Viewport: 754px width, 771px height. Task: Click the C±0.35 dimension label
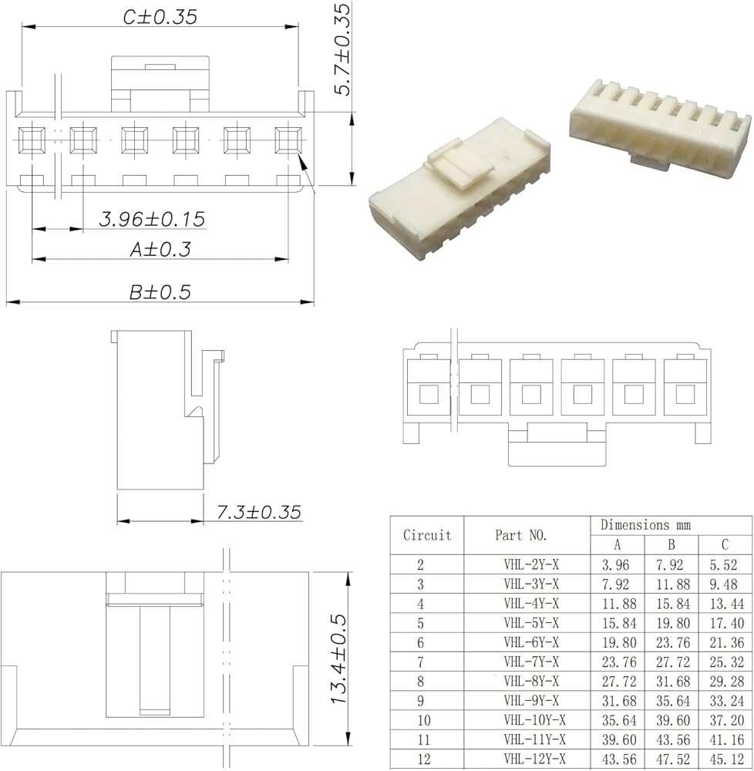coord(160,17)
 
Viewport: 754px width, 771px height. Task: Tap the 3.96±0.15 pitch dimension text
coord(152,219)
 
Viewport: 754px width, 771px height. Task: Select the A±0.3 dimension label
coord(160,250)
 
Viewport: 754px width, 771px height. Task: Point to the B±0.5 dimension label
coord(160,292)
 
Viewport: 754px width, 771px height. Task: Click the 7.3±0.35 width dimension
coord(259,513)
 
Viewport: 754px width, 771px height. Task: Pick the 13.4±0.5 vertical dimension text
coord(338,659)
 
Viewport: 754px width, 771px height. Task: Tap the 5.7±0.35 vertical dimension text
coord(342,49)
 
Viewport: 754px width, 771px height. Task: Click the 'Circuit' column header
coord(427,535)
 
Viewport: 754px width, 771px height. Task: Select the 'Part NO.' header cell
coord(521,535)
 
